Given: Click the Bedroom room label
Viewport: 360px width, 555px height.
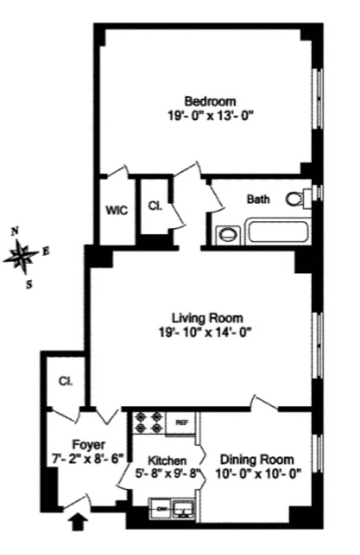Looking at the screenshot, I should click(211, 101).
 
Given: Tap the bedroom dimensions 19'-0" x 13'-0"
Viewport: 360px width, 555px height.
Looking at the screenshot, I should click(211, 115).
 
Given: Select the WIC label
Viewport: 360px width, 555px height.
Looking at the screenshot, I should click(116, 210).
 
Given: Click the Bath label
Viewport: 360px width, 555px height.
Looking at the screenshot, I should click(258, 199).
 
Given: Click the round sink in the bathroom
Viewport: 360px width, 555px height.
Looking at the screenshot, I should click(228, 234).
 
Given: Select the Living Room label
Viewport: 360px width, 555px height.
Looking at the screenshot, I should click(207, 318).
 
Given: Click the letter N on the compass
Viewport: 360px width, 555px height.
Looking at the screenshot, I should click(15, 231).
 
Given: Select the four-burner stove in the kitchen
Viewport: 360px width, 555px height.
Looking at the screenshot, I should click(149, 422).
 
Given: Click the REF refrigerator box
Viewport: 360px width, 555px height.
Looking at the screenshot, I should click(181, 422).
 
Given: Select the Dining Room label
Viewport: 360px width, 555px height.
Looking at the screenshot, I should click(257, 459).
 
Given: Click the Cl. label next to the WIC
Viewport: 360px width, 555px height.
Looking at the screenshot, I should click(155, 206).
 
